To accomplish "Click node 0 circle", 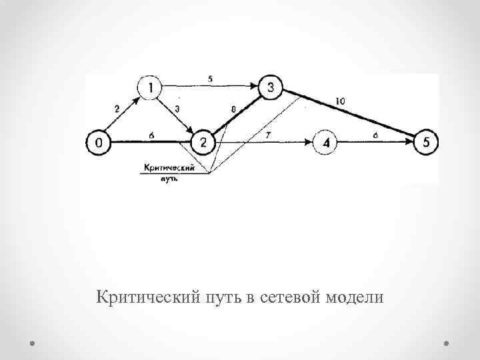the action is (99, 142).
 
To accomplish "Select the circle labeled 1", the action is (151, 87).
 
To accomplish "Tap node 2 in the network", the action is (203, 142).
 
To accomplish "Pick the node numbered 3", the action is (271, 87).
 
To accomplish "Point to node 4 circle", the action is (327, 142).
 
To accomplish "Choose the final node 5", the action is (427, 142).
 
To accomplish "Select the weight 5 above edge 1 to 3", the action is (210, 79).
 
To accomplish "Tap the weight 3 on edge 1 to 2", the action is (177, 108).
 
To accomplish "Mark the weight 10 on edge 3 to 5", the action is (340, 101).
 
